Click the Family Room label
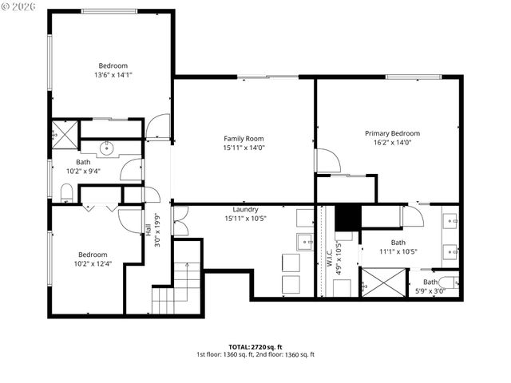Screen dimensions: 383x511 coord(244,138)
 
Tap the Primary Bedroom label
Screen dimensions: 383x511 coord(392,133)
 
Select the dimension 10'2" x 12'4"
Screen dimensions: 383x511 coord(93,263)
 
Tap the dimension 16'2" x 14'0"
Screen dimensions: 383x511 coord(392,143)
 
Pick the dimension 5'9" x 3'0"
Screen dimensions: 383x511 coord(430,290)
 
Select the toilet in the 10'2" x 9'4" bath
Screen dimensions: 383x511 coord(66,192)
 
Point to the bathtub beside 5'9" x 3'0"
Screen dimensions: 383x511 coord(448,281)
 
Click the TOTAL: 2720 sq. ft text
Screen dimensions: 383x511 coord(255,346)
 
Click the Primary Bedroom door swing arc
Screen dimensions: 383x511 coord(328,160)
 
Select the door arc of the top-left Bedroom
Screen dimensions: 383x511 coord(159,126)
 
